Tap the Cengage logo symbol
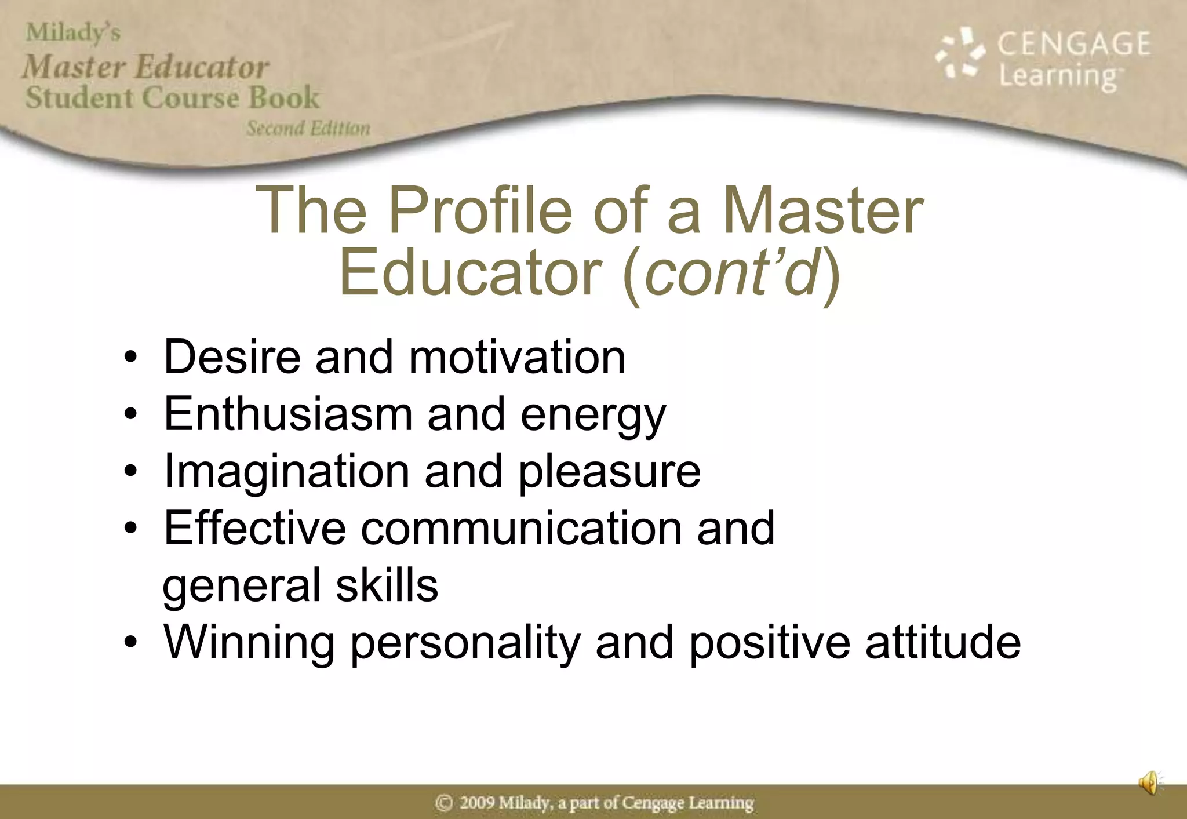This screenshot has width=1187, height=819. coord(960,53)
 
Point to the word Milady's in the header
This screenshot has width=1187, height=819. coord(73,32)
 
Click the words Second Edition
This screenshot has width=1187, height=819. coord(308,128)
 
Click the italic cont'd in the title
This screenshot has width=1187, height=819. coord(733,272)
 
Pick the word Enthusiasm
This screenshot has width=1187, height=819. coord(288,414)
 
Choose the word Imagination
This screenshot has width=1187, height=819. coord(287,472)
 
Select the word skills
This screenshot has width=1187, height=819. coord(387,585)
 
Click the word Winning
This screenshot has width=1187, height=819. coord(249,643)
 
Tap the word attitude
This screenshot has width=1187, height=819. coord(942,642)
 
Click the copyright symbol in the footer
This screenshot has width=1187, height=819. coord(444,803)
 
